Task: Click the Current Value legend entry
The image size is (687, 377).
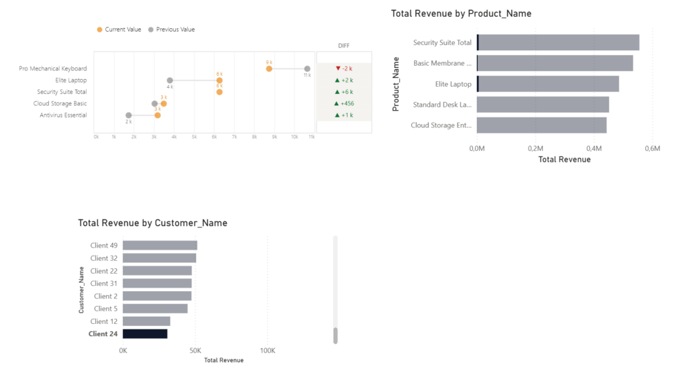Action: [x=119, y=30]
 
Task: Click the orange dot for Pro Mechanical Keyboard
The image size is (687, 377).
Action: [x=269, y=68]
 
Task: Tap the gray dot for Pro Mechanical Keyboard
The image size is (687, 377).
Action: [x=307, y=68]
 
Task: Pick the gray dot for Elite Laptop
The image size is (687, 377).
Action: [x=170, y=80]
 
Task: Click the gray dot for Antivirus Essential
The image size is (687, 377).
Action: [x=128, y=115]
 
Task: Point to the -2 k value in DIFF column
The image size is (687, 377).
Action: [x=344, y=68]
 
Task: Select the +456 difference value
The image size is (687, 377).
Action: [x=344, y=104]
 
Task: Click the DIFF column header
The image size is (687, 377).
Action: [x=344, y=46]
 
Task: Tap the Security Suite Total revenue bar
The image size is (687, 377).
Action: [x=558, y=42]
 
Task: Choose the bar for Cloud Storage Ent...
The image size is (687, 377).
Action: [x=541, y=125]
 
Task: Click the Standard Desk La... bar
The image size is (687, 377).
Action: [x=543, y=105]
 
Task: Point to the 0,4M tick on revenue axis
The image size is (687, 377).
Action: [x=594, y=149]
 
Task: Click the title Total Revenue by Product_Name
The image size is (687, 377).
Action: [x=461, y=13]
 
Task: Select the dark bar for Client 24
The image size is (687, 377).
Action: [x=145, y=334]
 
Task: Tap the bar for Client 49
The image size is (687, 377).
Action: [x=160, y=246]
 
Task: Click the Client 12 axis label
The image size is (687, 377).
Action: [x=104, y=321]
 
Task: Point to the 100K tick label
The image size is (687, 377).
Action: [x=268, y=351]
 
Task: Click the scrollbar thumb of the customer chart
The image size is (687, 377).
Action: [x=335, y=335]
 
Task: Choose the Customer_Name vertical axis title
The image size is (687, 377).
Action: [x=81, y=290]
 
